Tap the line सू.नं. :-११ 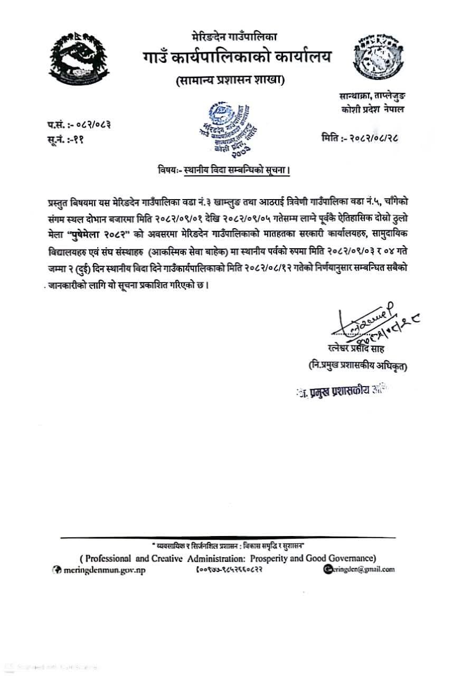[x=65, y=139]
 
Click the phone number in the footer [x=230, y=569]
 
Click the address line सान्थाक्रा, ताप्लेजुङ [x=373, y=97]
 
